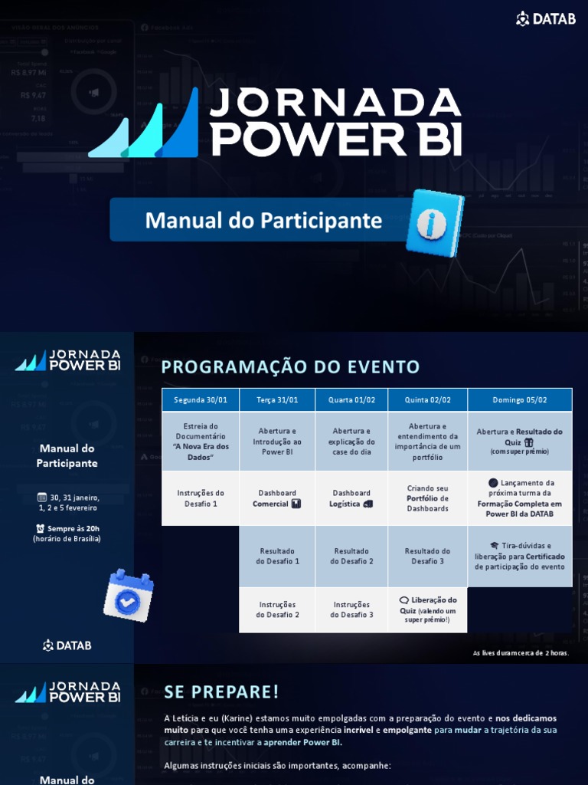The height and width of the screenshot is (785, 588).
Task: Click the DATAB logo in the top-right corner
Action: point(545,19)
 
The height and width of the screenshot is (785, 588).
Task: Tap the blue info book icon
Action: point(434,222)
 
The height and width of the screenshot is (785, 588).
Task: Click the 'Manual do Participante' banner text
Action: point(263,221)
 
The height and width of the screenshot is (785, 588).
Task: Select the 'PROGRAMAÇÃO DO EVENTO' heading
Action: point(290,367)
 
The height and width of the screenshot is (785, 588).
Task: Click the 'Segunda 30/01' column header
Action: point(201,400)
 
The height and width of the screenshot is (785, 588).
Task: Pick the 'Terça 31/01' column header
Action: point(277,400)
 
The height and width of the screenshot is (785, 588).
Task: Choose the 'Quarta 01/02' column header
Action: point(351,400)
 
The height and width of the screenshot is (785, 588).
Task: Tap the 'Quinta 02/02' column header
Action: point(427,400)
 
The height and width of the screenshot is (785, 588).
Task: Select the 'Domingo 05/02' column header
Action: point(520,400)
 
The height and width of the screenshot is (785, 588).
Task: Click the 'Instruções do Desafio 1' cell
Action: point(201,498)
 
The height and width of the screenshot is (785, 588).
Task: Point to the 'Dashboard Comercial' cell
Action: point(277,498)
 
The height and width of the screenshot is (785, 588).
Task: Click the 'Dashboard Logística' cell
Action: point(351,498)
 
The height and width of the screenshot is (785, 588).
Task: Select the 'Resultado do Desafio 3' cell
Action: point(427,556)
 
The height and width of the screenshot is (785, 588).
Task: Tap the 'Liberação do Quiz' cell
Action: point(427,609)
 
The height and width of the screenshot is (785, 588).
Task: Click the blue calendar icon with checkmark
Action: point(128,594)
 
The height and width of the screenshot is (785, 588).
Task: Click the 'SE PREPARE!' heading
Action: point(221,692)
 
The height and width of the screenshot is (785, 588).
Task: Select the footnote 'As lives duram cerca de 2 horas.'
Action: point(521,653)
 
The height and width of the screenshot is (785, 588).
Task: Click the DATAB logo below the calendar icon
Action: point(67,645)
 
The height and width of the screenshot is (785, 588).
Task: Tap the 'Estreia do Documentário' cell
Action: point(201,442)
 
